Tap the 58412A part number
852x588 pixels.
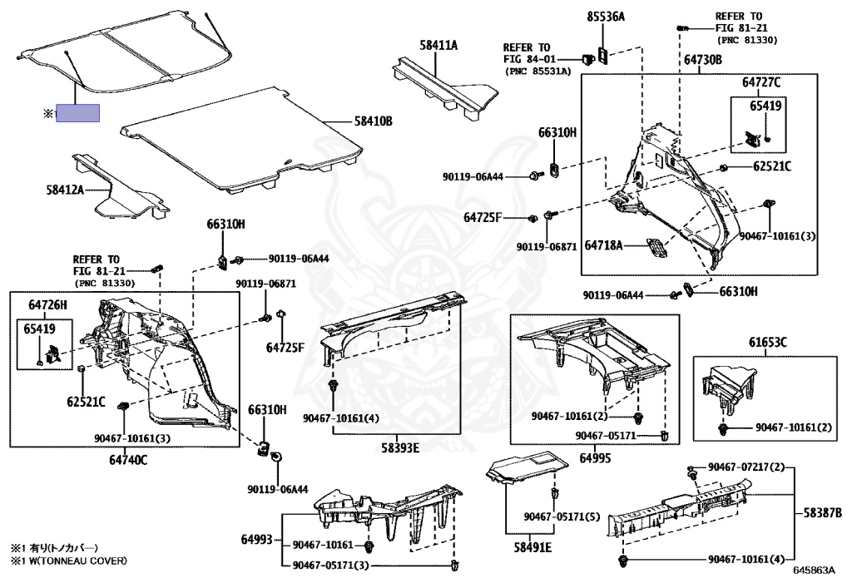(66, 190)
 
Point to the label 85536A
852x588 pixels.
(606, 16)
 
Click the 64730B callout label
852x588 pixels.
(703, 61)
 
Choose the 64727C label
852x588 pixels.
(761, 82)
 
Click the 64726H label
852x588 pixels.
(48, 305)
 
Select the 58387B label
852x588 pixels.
(822, 512)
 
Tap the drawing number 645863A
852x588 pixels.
(813, 571)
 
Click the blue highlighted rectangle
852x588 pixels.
(77, 113)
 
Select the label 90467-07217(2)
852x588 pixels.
(746, 467)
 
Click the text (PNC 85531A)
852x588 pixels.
(538, 72)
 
